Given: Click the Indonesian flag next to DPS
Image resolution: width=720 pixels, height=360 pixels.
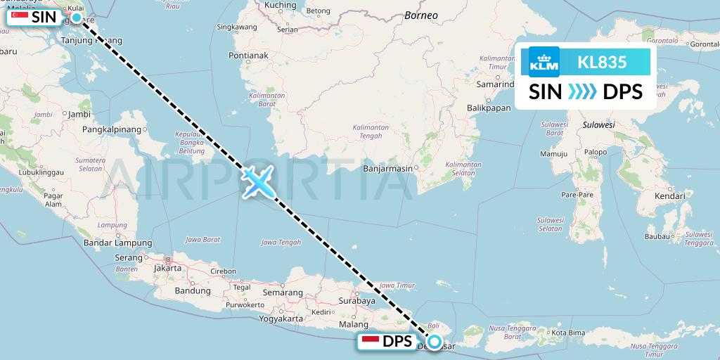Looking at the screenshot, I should pyautogui.click(x=371, y=342).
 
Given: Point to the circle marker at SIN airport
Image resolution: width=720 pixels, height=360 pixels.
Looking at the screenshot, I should pyautogui.click(x=76, y=16).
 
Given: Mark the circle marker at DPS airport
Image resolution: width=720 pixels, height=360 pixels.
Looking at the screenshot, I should pyautogui.click(x=435, y=342).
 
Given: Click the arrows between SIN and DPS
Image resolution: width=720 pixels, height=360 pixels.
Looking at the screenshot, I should pyautogui.click(x=581, y=91).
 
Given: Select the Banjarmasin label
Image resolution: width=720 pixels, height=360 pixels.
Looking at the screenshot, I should pyautogui.click(x=387, y=169).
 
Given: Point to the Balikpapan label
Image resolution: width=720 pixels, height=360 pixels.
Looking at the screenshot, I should pyautogui.click(x=488, y=108).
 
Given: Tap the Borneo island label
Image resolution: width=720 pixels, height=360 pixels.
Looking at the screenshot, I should pyautogui.click(x=422, y=15).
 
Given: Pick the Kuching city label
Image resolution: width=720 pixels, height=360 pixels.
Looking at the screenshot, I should pyautogui.click(x=280, y=5).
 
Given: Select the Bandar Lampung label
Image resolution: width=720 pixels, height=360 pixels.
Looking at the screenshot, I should pyautogui.click(x=108, y=243).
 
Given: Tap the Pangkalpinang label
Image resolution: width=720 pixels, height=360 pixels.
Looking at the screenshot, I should pyautogui.click(x=112, y=129).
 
